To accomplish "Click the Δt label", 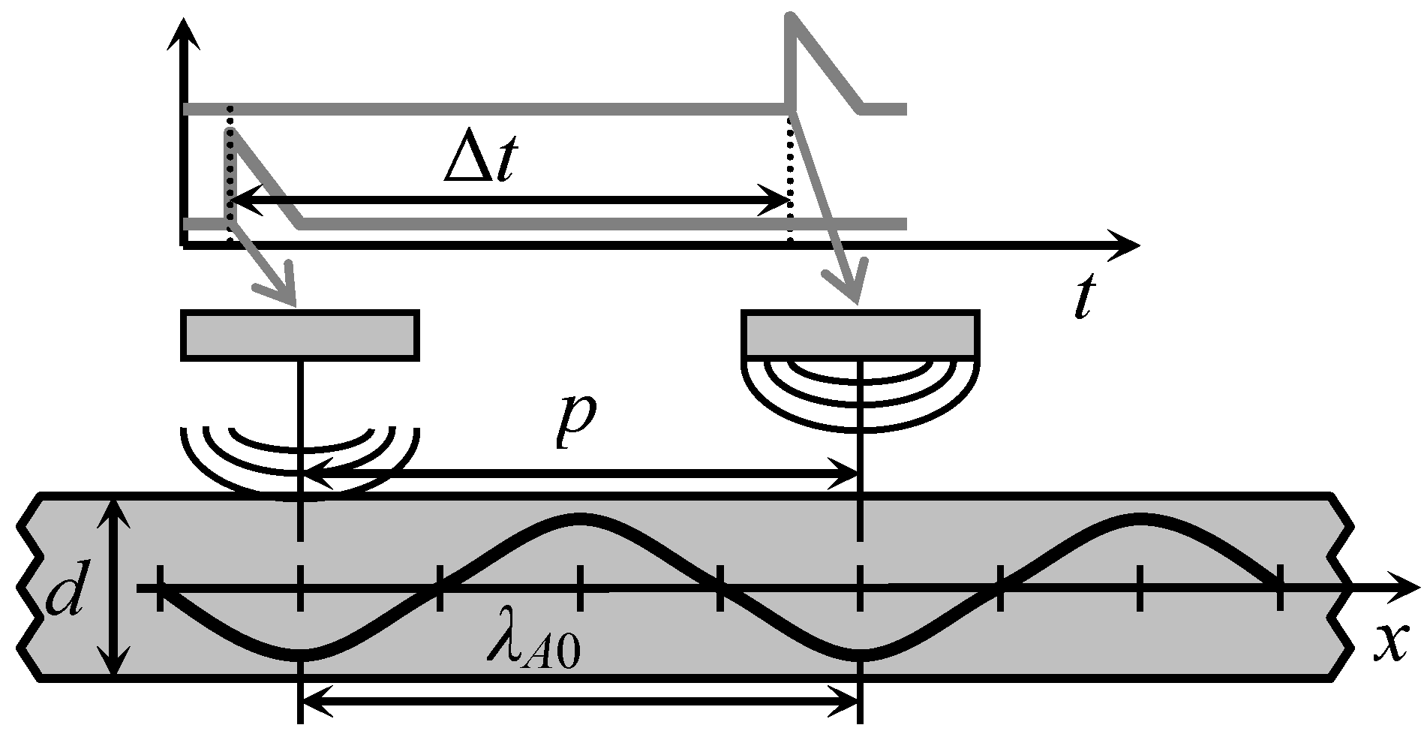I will click(479, 161).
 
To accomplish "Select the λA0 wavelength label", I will click(533, 646).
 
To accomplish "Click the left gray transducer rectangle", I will click(299, 333).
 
